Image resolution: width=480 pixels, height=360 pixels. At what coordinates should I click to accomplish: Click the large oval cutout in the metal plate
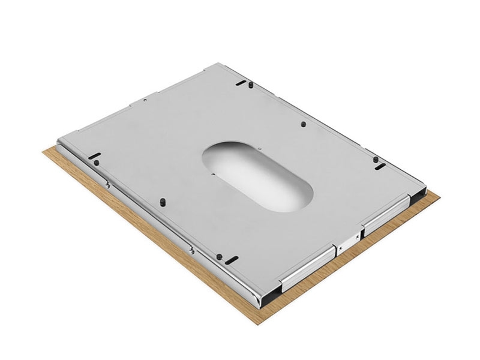pyautogui.click(x=257, y=176)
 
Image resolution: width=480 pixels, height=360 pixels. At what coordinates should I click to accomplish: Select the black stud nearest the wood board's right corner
pyautogui.click(x=375, y=159)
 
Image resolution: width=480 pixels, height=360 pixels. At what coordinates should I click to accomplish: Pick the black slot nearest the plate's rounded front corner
pyautogui.click(x=231, y=259)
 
